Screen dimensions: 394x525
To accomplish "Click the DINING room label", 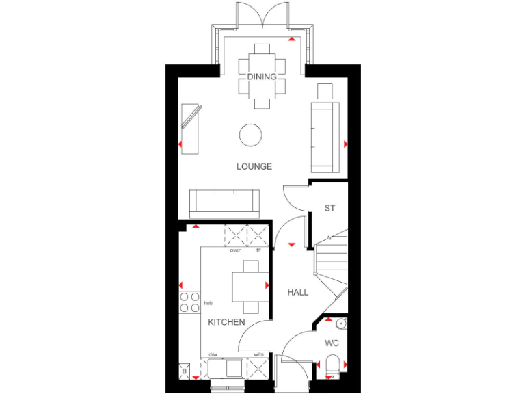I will point(262,77).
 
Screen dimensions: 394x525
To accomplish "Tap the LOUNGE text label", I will point(254,166).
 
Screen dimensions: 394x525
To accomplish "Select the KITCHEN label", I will point(226,321).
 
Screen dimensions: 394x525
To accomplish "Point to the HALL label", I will point(297,292).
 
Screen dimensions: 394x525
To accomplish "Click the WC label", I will point(332,343).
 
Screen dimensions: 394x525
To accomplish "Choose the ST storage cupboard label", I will point(329,208).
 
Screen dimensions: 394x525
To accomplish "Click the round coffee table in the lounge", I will point(250,134).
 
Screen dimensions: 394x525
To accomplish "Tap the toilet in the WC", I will point(333,365).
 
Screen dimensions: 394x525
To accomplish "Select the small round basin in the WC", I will point(340,324).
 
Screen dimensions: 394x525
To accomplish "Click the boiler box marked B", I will point(184,371).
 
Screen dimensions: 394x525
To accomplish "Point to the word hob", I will point(208,302).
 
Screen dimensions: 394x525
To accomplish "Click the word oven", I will point(235,250).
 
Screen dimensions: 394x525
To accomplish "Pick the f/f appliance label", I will point(258,250).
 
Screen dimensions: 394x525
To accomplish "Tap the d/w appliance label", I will point(213,354).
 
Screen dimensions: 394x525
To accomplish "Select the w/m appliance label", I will point(258,354).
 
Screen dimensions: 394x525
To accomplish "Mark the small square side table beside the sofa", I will point(325,91).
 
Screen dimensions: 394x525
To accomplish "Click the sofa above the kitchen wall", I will point(224,202).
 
